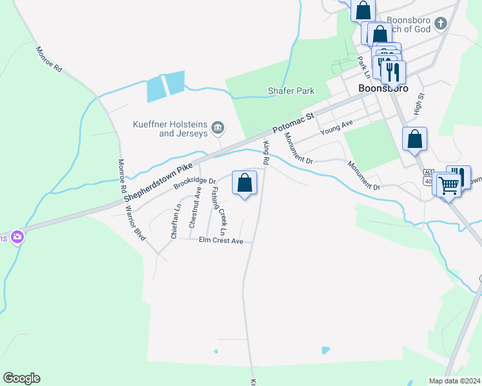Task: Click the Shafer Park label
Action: pos(291,91)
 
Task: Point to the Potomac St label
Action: pos(293,123)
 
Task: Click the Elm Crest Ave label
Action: pos(220,241)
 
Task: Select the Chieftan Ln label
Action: pos(175,221)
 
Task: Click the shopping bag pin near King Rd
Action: pos(245,183)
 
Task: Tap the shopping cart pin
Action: pos(448,185)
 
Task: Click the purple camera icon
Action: pos(17,237)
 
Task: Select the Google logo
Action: pos(21,378)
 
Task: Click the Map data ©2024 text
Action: pos(454,381)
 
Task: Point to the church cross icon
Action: pos(441,24)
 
